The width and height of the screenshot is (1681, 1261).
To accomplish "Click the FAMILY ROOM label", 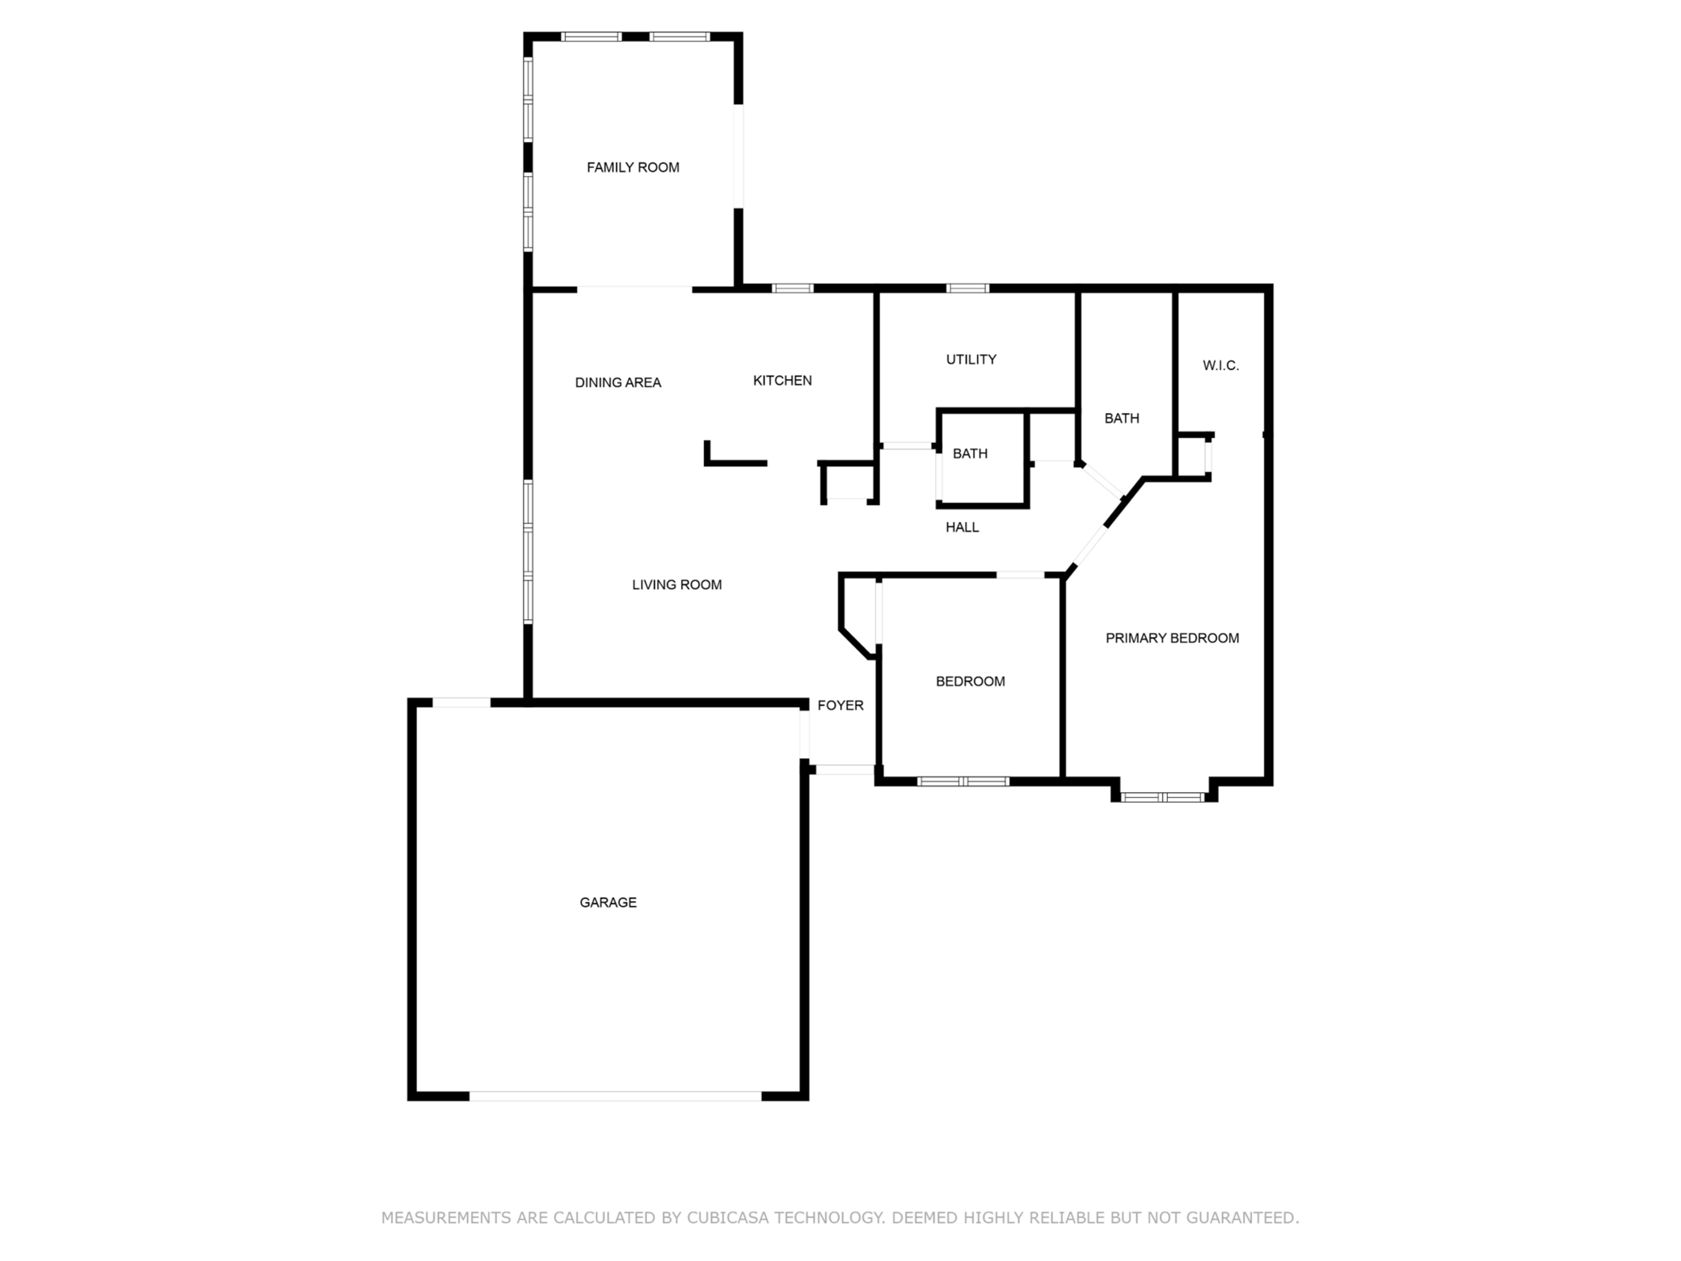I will tap(633, 167).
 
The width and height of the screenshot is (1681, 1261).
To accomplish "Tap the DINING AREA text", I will tap(617, 382).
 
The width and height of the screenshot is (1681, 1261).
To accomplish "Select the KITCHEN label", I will tap(782, 380).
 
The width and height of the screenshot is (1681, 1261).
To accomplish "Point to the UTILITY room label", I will tap(971, 359).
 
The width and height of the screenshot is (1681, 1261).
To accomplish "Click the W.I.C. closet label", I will tap(1220, 365).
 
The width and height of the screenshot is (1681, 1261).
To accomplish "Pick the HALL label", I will tap(962, 527).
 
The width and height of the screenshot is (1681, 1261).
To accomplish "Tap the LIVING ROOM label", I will tap(676, 584).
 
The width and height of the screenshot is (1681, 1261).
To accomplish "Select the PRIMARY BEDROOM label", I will tap(1172, 638).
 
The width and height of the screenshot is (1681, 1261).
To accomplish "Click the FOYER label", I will tap(840, 705).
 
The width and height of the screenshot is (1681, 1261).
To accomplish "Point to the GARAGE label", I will tap(608, 902).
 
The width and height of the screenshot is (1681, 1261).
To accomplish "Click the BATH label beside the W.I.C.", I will tap(1122, 418).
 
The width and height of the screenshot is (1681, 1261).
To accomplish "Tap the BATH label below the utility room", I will tap(970, 453).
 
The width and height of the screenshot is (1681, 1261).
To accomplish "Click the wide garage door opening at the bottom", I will tap(615, 1096).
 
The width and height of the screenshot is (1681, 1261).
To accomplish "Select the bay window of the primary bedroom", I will tap(1163, 797).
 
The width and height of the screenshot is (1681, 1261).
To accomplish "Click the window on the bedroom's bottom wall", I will tap(963, 781).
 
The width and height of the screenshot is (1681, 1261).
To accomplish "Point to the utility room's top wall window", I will tap(967, 288).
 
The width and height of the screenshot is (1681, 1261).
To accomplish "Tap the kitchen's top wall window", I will tap(792, 288).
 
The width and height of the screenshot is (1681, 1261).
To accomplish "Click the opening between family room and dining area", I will tap(634, 289).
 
